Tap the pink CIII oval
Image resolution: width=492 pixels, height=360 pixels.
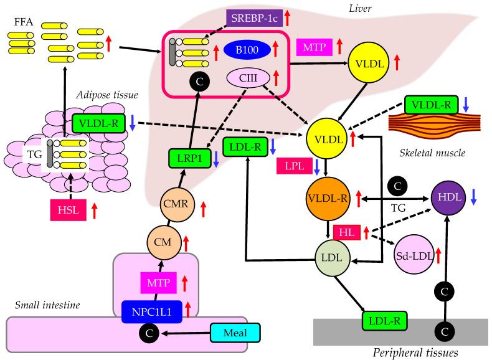(x=248, y=78)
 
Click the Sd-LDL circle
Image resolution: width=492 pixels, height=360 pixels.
(x=412, y=255)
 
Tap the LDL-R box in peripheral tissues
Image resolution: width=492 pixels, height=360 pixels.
(x=384, y=321)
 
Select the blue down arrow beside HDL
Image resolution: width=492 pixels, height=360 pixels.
(x=475, y=198)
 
